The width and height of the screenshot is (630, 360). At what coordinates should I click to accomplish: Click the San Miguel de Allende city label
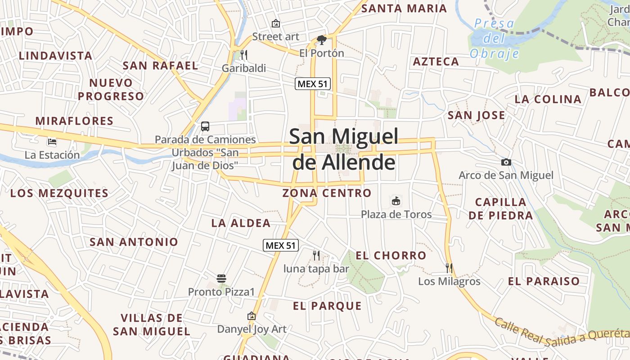(x=344, y=149)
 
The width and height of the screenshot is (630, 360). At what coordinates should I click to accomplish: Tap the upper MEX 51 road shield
(x=313, y=84)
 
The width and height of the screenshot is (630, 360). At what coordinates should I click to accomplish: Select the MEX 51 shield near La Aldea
(x=281, y=245)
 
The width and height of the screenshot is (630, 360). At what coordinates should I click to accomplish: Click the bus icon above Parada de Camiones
(x=205, y=126)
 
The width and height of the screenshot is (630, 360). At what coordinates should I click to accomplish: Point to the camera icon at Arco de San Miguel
(x=506, y=162)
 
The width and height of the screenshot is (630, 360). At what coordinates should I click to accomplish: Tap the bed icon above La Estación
(x=52, y=142)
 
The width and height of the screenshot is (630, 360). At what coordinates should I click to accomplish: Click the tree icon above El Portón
(x=322, y=40)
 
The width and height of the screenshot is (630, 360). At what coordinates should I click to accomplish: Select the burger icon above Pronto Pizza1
(x=221, y=279)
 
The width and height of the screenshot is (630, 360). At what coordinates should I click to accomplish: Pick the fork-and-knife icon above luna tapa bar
(x=316, y=256)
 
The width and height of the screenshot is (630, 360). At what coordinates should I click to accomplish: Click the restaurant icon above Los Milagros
(x=449, y=268)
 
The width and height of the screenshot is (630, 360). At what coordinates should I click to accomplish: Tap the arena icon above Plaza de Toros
(x=396, y=201)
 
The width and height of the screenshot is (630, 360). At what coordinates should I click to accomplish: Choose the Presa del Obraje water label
(x=494, y=39)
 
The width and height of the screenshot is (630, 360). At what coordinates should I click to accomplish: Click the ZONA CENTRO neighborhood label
(x=327, y=193)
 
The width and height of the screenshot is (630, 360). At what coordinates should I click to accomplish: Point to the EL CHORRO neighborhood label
(x=391, y=256)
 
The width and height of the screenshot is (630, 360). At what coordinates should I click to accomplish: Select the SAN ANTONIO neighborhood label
(x=134, y=242)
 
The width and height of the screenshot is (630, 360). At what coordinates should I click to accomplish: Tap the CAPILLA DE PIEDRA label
(x=500, y=209)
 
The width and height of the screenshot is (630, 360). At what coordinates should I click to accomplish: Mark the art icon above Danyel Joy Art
(x=252, y=316)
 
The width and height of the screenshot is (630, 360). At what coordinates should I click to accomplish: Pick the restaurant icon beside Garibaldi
(x=244, y=55)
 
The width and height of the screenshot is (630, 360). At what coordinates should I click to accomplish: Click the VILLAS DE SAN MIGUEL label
(x=152, y=325)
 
